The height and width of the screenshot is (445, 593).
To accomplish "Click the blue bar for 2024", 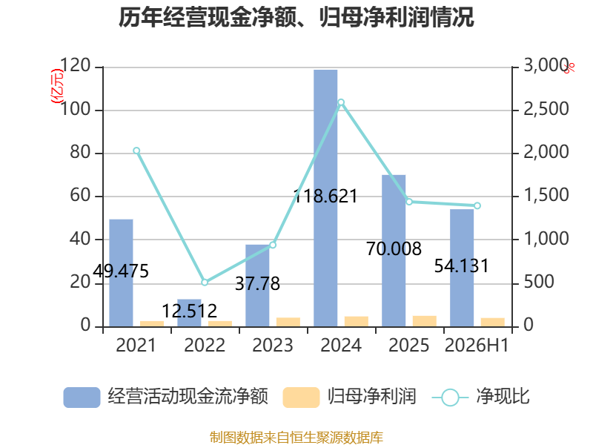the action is [x=325, y=198].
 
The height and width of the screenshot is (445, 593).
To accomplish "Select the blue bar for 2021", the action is [x=121, y=273].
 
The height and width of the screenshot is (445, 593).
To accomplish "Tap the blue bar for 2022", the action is [x=189, y=313].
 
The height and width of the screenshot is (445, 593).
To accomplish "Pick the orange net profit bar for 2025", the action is [x=424, y=321].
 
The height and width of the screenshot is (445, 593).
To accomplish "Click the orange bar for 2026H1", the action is [x=493, y=323].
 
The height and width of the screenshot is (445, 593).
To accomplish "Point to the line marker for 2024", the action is [x=341, y=102].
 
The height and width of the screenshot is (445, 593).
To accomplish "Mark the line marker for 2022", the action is [x=205, y=283].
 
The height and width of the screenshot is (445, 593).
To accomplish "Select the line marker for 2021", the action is [x=136, y=151].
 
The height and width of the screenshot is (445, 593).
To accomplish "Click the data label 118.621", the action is [x=325, y=196].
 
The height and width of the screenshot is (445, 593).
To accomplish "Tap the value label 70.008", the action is [x=394, y=249].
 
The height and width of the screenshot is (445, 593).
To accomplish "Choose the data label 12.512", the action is [x=189, y=311].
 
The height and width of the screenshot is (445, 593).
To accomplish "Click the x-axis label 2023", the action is [x=273, y=346].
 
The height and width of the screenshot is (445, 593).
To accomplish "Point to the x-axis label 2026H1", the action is [x=477, y=346].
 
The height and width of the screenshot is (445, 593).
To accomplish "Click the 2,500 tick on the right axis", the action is [x=546, y=109].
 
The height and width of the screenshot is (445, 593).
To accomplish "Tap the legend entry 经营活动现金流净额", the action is [x=165, y=397].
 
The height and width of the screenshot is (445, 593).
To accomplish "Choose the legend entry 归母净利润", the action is [x=349, y=397].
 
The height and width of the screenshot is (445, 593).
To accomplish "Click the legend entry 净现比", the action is [x=480, y=397].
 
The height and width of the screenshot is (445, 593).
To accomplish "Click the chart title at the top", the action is [x=296, y=17].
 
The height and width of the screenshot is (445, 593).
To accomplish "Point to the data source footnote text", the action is [x=296, y=438].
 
